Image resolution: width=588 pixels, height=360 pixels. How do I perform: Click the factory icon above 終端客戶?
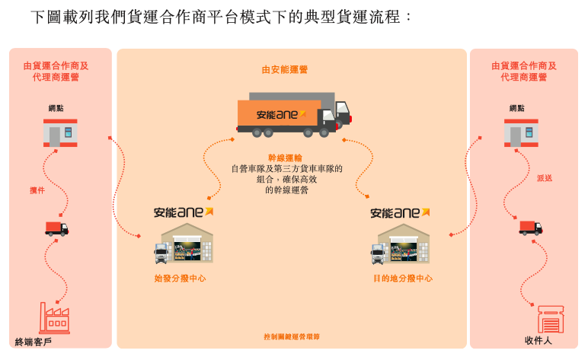click(55, 318)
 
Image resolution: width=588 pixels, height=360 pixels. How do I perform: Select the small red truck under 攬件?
click(56, 228)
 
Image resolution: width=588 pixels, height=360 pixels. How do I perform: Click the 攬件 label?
click(37, 190)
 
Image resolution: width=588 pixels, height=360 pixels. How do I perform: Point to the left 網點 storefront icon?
click(60, 133)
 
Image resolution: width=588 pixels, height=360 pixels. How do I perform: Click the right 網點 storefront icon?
click(521, 133)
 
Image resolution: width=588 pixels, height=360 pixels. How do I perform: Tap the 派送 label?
click(545, 178)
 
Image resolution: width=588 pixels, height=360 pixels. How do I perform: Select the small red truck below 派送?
click(531, 228)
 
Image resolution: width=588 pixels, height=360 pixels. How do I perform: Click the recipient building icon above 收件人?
click(550, 319)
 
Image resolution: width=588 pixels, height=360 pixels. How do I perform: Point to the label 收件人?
click(538, 341)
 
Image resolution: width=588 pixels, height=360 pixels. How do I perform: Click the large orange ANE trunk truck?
click(293, 115)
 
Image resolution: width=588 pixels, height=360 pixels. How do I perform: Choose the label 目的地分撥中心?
click(403, 279)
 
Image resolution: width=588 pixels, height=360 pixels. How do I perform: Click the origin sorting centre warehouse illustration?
click(183, 244)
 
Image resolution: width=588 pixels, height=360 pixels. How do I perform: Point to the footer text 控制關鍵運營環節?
click(292, 336)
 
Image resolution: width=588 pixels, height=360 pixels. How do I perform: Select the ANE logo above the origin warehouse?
click(184, 212)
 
